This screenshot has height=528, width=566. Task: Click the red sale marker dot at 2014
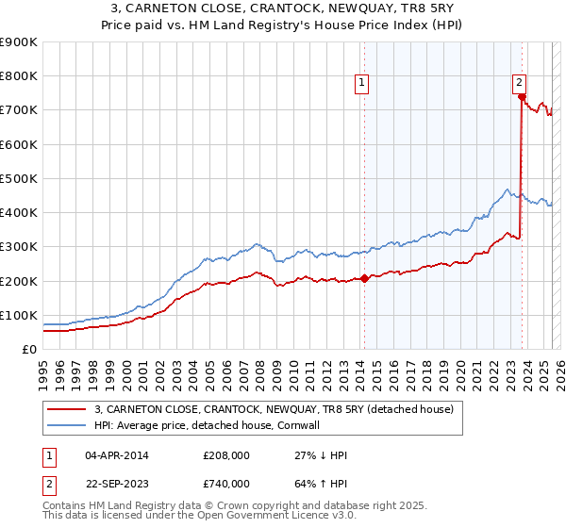tap(364, 278)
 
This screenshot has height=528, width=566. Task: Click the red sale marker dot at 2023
tap(522, 96)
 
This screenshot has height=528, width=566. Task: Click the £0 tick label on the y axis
tap(29, 349)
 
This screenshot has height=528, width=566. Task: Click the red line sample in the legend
tap(68, 409)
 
